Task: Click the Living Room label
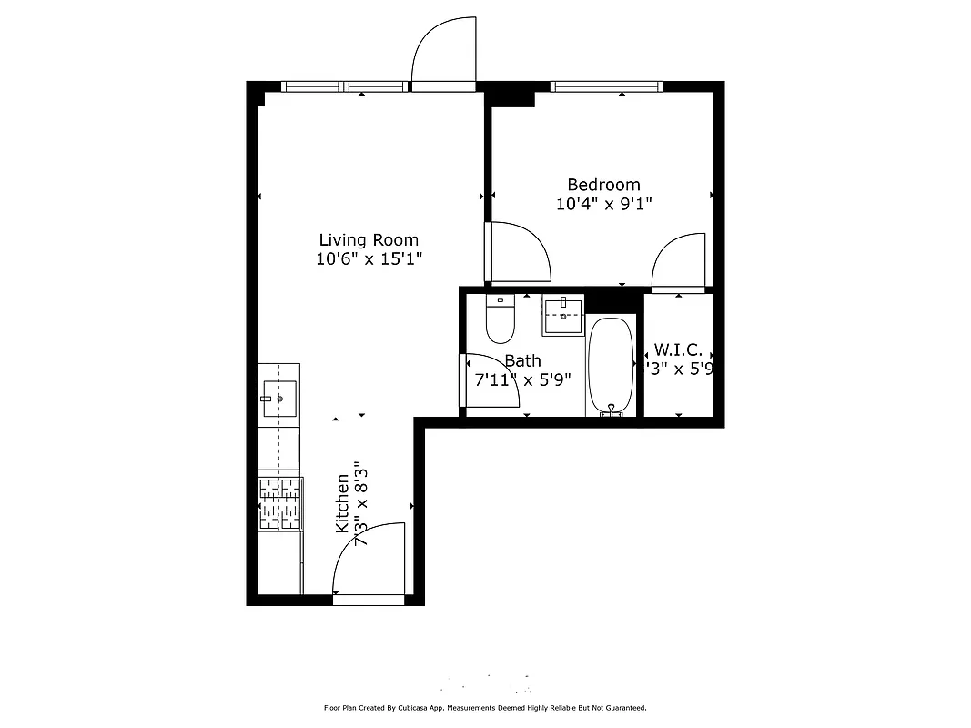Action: click(369, 240)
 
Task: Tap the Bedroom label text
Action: click(603, 185)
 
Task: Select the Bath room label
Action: click(522, 361)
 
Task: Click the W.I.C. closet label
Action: click(677, 350)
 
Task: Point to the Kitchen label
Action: click(342, 503)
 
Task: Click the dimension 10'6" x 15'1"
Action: click(369, 259)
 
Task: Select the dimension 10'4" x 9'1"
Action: click(603, 204)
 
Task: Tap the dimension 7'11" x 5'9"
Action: click(522, 379)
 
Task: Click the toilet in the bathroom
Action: click(501, 318)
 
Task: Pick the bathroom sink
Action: click(563, 315)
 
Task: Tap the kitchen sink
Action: click(279, 399)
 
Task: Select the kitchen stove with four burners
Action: click(279, 504)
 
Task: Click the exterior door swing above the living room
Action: click(444, 53)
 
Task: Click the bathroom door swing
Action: click(490, 379)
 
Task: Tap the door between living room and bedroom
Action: click(518, 252)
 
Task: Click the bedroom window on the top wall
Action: click(605, 87)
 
